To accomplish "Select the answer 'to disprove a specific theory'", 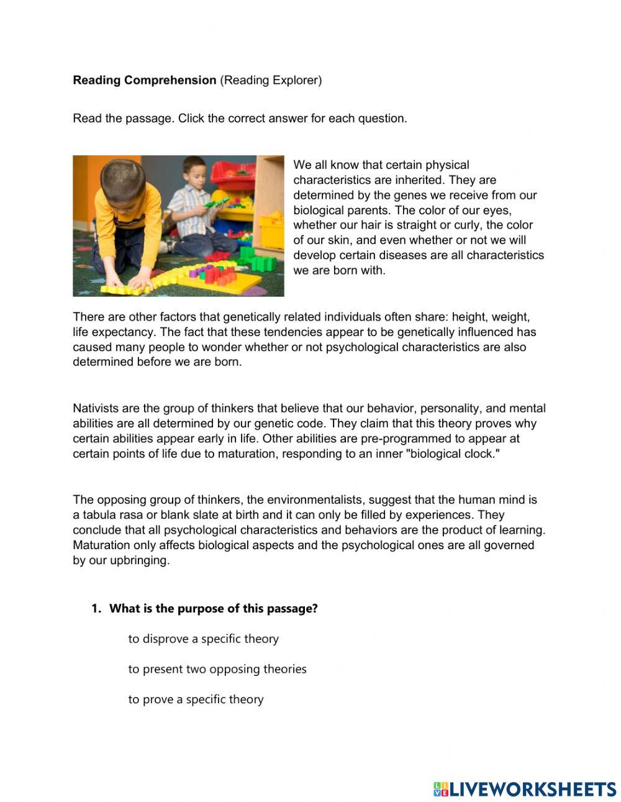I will (x=203, y=639).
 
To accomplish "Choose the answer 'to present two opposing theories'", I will (x=217, y=669).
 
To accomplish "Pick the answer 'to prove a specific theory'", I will (x=196, y=699).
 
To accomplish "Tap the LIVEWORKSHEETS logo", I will (x=525, y=789).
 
